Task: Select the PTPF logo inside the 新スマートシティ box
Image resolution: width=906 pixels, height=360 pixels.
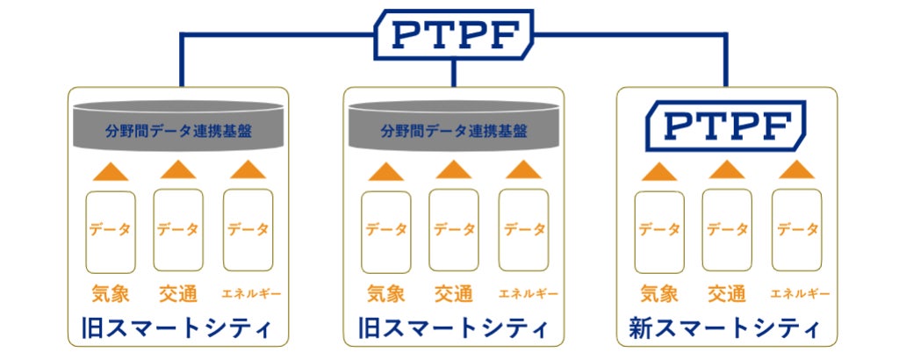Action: (x=725, y=124)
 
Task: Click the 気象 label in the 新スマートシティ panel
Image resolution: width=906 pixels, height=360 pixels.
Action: (x=659, y=293)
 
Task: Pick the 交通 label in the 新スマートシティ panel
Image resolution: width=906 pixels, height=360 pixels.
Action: (x=727, y=293)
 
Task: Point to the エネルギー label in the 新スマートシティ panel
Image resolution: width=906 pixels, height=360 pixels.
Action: (x=796, y=293)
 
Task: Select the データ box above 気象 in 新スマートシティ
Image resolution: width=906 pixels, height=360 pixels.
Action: (x=659, y=230)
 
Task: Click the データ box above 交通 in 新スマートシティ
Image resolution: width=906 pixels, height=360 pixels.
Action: (x=727, y=230)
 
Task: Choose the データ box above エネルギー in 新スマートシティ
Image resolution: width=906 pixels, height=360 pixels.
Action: (x=796, y=230)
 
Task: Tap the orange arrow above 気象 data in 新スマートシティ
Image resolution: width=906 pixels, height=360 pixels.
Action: (x=659, y=170)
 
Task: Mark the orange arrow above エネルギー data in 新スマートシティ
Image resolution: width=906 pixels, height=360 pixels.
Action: (x=796, y=169)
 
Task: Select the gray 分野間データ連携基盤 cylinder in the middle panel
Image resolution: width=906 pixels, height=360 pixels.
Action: (x=453, y=128)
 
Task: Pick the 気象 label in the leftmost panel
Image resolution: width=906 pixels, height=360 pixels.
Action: (x=111, y=293)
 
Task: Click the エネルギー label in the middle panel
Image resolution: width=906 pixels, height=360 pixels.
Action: (x=523, y=293)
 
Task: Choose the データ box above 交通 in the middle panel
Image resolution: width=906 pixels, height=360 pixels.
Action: (x=454, y=230)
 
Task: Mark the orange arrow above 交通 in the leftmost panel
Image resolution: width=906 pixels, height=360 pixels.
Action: (x=178, y=169)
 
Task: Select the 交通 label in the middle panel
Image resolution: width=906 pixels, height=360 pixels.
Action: (x=454, y=293)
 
